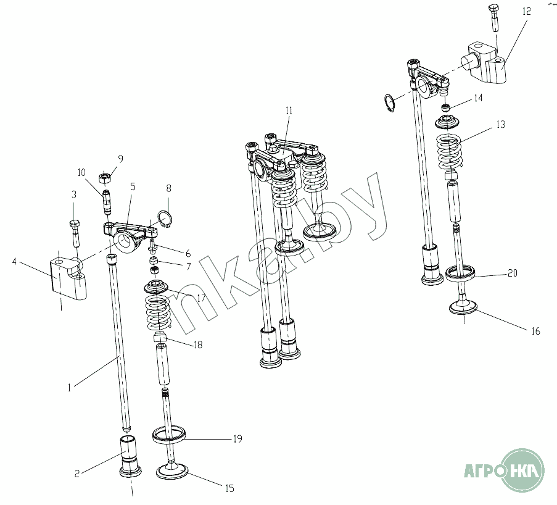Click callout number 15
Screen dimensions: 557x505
230,488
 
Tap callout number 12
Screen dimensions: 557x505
526,11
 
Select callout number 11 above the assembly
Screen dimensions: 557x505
289,111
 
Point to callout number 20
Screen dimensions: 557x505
512,273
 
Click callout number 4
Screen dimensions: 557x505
14,262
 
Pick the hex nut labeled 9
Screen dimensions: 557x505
105,177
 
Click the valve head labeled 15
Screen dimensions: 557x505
171,471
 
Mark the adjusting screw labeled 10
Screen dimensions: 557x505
107,202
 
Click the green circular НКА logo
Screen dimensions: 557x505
523,470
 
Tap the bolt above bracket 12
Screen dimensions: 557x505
495,18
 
